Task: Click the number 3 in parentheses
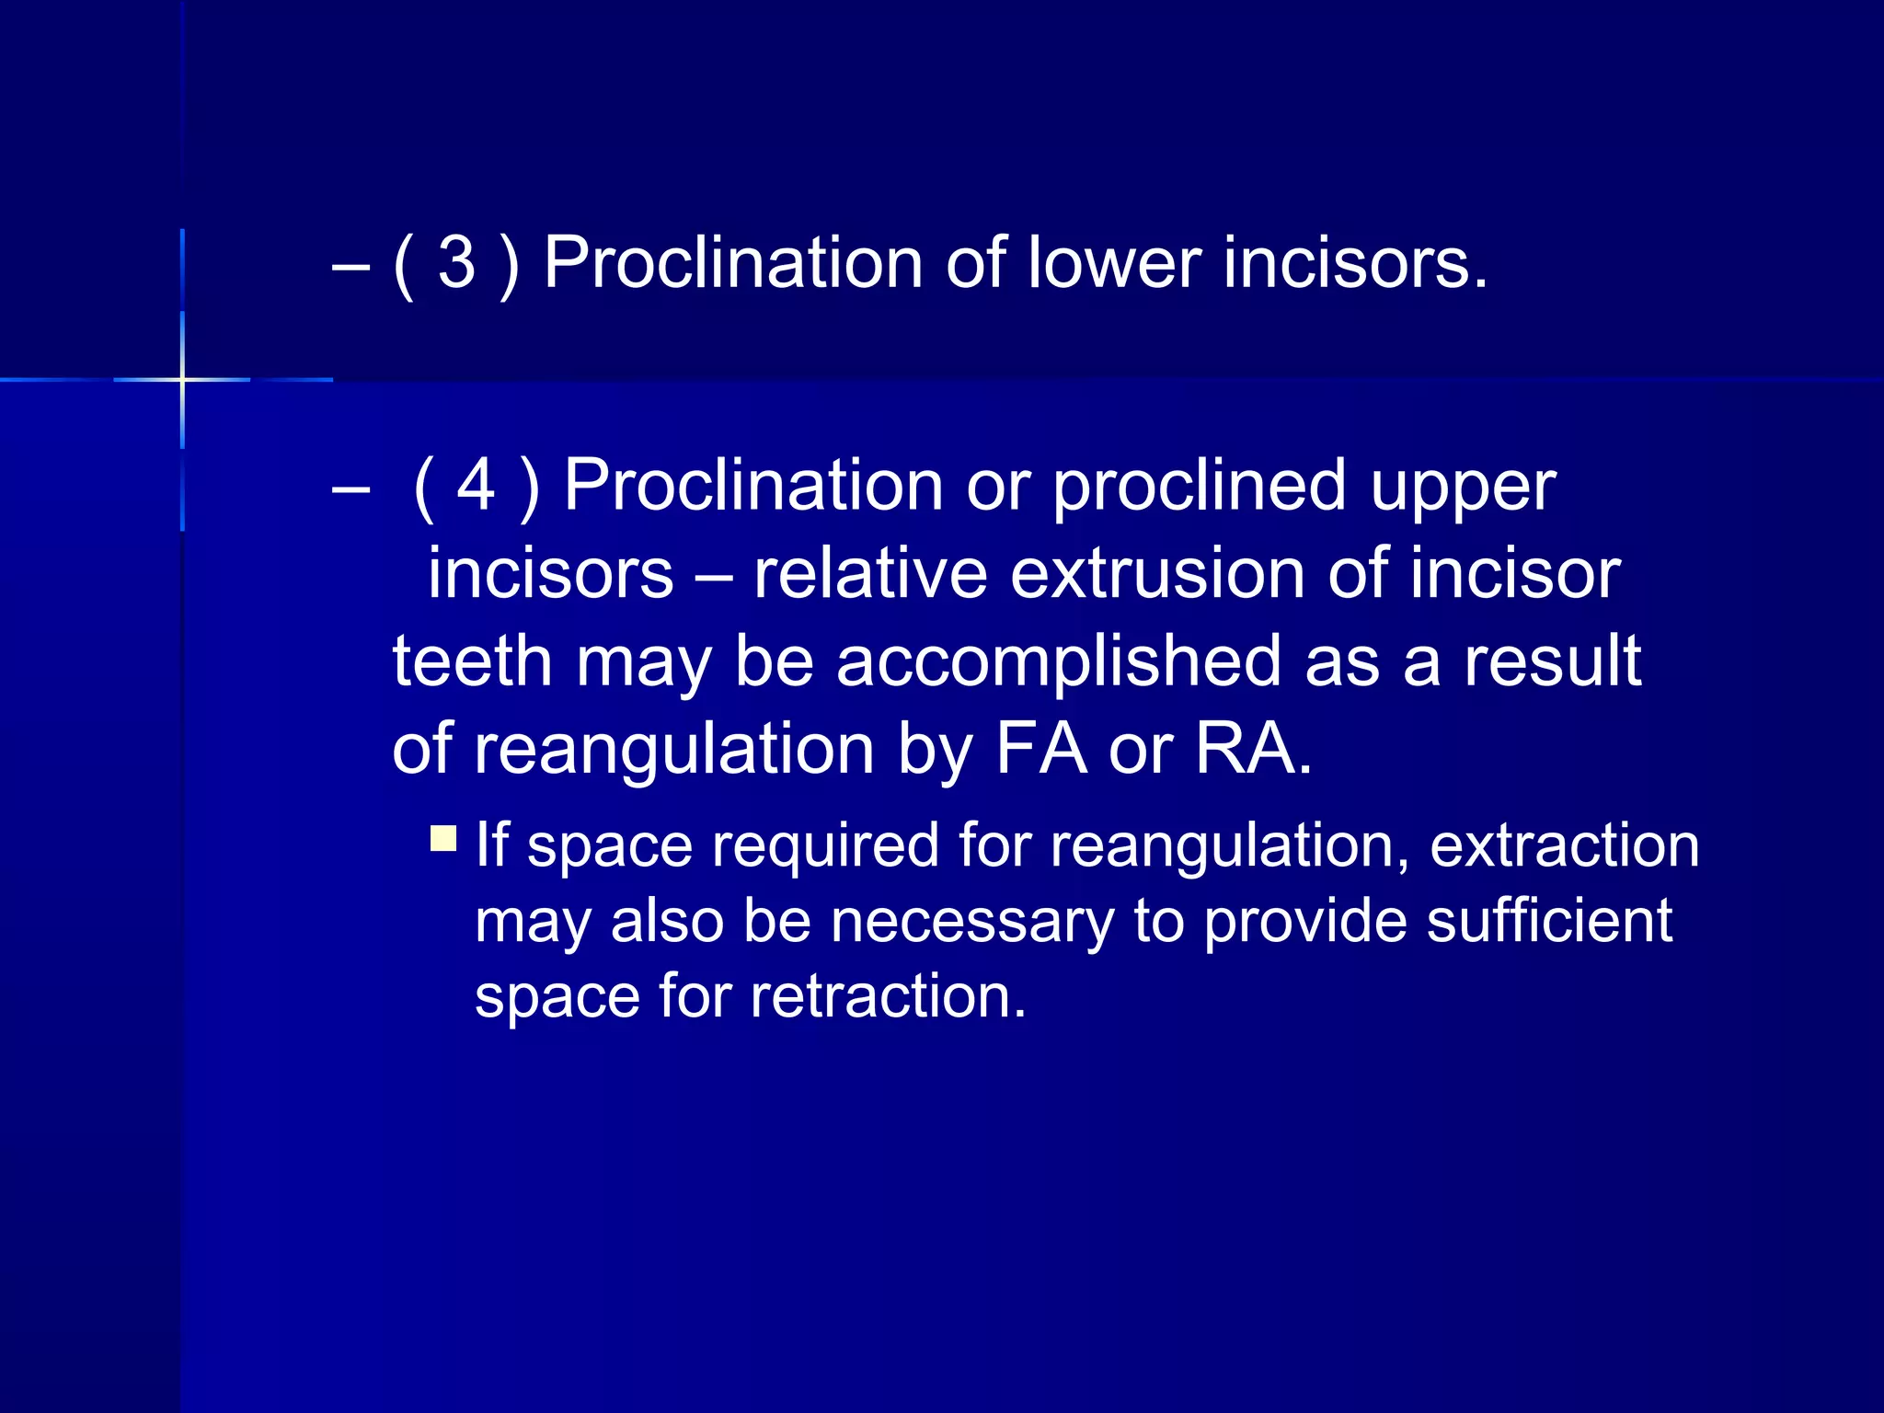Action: tap(456, 264)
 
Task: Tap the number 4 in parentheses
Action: tap(477, 485)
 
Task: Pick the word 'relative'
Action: tap(870, 573)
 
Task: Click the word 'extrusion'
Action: tap(1157, 573)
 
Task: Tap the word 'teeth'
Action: tap(472, 661)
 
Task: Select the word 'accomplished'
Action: tap(1058, 662)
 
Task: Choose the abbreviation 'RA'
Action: tap(1246, 749)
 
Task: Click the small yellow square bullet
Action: tap(443, 838)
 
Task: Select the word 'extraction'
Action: tap(1564, 844)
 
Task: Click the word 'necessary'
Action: tap(971, 922)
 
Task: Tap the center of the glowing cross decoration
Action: tap(183, 379)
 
